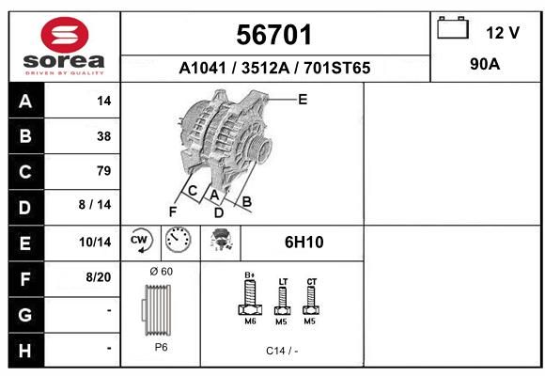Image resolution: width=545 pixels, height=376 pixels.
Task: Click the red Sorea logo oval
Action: coord(65,35)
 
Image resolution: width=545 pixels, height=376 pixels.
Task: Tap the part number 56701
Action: coord(273,35)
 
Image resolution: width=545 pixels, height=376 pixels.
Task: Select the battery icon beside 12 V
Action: coord(453,27)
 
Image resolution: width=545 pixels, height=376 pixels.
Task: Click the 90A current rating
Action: coord(485,64)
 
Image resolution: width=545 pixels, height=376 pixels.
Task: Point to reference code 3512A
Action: coord(266,68)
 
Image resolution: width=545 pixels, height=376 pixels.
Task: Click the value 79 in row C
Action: coord(104,171)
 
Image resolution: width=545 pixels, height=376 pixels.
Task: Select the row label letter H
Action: coord(25,351)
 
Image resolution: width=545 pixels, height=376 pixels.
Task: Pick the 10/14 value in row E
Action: coord(95,243)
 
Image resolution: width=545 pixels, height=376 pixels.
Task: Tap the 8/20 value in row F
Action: coord(99,277)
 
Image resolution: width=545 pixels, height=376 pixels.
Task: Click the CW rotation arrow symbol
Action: coord(140,240)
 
